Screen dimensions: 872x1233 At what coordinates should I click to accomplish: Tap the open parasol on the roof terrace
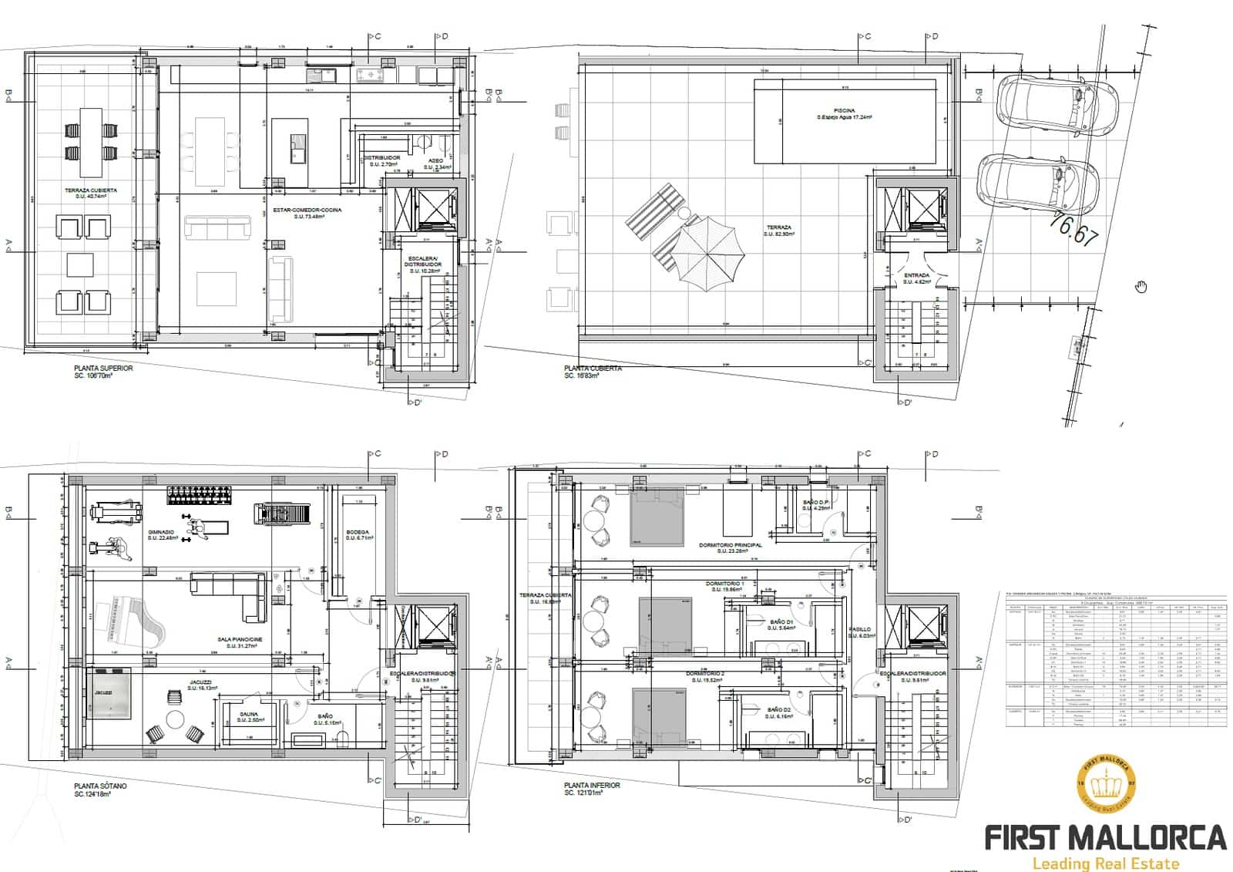tap(707, 251)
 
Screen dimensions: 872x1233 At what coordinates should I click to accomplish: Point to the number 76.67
tap(1073, 227)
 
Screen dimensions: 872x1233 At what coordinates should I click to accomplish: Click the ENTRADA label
tap(916, 275)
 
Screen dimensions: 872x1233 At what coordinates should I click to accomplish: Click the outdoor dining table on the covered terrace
tap(91, 142)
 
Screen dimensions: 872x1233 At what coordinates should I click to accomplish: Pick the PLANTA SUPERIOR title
tap(103, 369)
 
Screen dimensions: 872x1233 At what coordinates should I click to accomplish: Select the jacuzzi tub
tap(109, 693)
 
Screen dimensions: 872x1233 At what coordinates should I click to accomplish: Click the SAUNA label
tap(249, 715)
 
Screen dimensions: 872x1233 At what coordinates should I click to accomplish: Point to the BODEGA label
tap(358, 533)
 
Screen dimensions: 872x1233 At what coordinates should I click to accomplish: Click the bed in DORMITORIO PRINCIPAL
tap(657, 521)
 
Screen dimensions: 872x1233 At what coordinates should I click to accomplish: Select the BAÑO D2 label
tap(779, 710)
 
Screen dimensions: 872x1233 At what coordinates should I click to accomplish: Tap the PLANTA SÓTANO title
tap(101, 786)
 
